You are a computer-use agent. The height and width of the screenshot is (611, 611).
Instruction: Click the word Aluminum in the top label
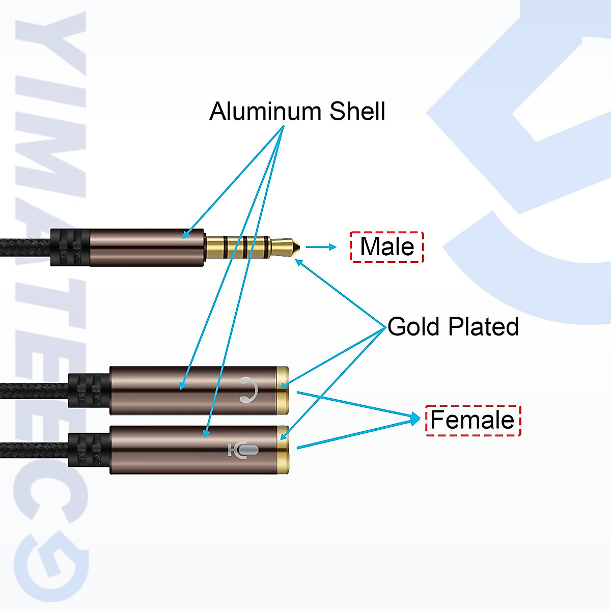265,111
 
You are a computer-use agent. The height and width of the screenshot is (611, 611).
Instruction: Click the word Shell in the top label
357,111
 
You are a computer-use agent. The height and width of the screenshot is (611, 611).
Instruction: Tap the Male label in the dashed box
387,247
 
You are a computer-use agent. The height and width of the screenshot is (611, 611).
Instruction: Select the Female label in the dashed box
473,420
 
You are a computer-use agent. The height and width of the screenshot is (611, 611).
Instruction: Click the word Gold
413,326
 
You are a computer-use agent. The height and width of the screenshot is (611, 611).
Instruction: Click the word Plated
484,326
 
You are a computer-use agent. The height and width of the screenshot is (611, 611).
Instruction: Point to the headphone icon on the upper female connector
248,390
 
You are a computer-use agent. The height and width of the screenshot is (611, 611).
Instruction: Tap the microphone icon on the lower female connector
243,450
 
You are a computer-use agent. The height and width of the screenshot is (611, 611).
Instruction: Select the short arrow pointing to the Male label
321,247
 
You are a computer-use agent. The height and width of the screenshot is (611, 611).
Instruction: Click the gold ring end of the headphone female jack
283,390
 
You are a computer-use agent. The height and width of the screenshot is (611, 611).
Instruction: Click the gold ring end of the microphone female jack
284,450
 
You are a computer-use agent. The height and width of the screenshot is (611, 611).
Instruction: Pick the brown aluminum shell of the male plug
148,247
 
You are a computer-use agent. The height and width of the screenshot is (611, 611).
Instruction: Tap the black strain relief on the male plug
70,247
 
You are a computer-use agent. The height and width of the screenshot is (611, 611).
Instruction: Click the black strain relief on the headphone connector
88,390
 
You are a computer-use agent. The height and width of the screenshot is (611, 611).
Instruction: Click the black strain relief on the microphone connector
88,450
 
